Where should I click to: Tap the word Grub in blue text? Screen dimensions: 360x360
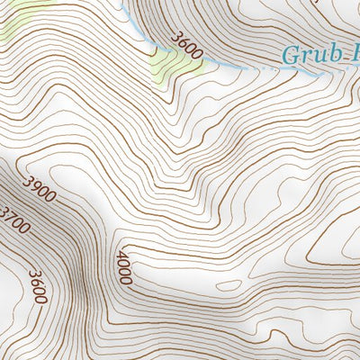click(311, 55)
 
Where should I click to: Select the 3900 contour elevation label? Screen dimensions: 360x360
click(40, 190)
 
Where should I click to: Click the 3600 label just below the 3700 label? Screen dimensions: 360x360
click(36, 286)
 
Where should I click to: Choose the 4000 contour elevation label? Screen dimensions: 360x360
click(123, 267)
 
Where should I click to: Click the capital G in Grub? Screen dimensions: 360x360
click(292, 55)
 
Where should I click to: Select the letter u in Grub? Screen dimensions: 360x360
click(318, 56)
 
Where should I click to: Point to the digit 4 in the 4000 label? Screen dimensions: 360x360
click(121, 256)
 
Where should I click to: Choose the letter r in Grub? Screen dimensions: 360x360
click(306, 56)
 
